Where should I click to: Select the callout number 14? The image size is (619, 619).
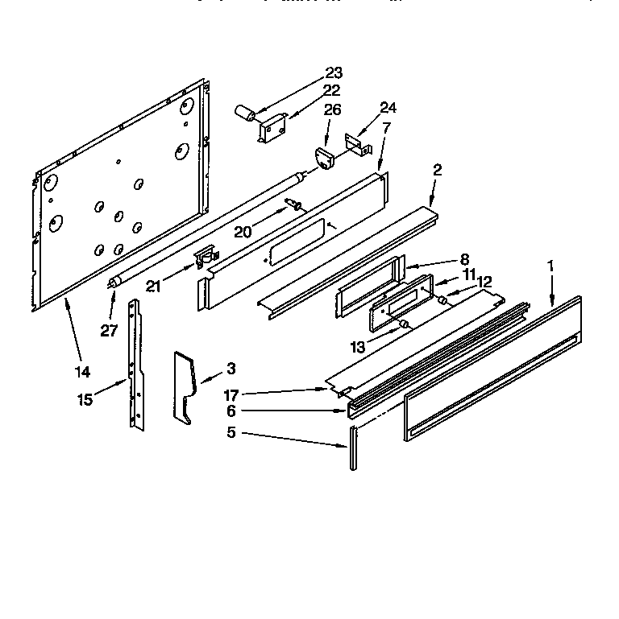pos(82,372)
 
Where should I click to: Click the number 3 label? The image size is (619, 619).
pos(231,369)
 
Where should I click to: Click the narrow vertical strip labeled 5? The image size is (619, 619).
pos(352,448)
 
